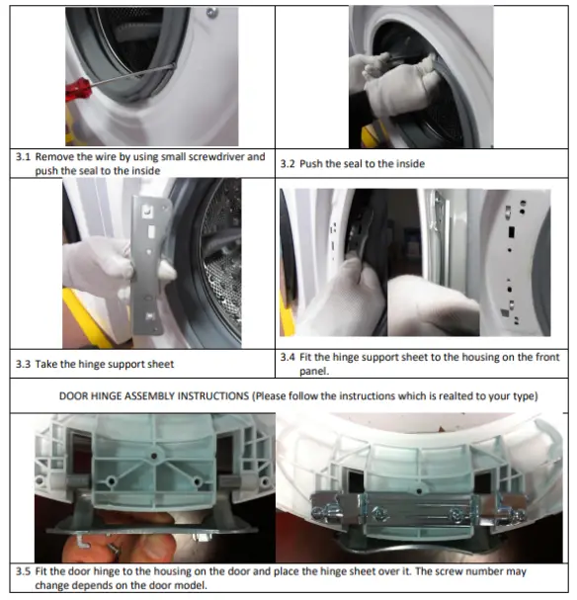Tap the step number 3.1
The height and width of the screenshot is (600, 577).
click(x=23, y=157)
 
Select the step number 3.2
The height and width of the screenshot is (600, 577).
click(x=288, y=163)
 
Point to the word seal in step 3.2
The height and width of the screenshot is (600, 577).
click(x=359, y=163)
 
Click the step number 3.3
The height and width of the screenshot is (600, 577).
click(x=23, y=364)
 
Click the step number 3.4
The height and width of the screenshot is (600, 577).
click(x=288, y=356)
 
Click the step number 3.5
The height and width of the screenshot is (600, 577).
click(x=23, y=571)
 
